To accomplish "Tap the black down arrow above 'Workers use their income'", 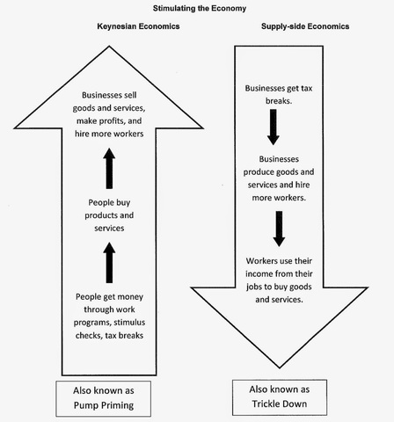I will (x=279, y=227).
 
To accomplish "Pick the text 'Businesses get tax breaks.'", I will (x=280, y=94).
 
